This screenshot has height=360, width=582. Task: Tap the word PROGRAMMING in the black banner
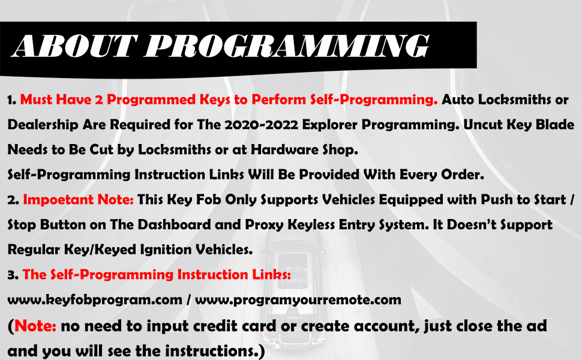[287, 46]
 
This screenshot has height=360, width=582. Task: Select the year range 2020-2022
[262, 125]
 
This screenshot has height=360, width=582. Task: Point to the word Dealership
[43, 125]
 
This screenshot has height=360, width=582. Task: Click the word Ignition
[166, 250]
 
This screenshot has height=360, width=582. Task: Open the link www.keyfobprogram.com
[95, 300]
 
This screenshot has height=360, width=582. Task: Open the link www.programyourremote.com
[298, 300]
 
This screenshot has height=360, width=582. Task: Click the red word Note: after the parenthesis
[35, 326]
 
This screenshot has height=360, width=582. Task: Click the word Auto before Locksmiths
[458, 100]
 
